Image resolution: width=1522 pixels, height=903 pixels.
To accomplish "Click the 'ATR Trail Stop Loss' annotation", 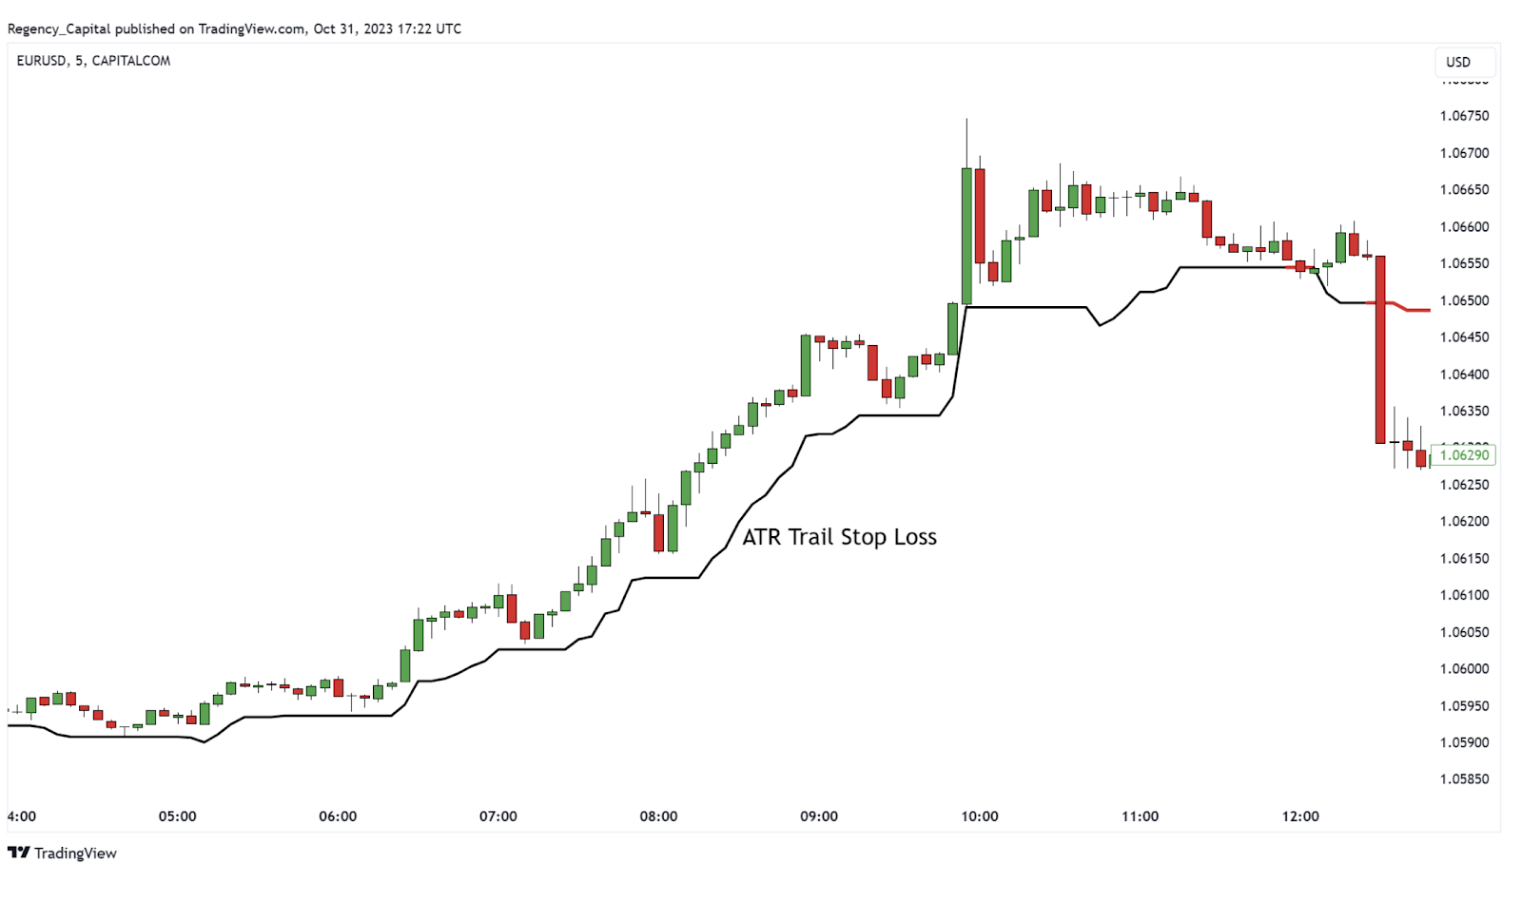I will click(x=839, y=537).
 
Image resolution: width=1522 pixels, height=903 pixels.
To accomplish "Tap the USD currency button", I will click(x=1458, y=62).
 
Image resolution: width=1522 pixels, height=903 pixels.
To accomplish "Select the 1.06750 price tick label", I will click(x=1464, y=116).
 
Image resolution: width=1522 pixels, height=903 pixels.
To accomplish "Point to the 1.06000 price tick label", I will click(x=1464, y=669).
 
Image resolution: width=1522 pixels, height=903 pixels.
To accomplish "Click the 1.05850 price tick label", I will click(x=1464, y=779).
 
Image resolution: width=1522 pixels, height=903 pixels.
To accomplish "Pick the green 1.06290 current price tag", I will click(x=1463, y=455).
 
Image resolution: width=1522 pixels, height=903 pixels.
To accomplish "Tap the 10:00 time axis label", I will click(x=980, y=817).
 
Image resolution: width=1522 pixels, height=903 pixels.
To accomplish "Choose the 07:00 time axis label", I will click(x=498, y=817).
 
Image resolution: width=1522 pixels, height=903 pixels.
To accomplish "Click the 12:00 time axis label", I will click(x=1300, y=817).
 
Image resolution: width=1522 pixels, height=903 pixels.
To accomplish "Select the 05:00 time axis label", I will click(x=178, y=817).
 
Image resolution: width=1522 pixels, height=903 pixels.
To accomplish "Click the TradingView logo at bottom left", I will click(x=62, y=853).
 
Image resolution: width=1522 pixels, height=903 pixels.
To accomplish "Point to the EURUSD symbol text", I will click(x=42, y=61).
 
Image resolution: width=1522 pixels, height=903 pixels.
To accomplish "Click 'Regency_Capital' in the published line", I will click(x=59, y=29).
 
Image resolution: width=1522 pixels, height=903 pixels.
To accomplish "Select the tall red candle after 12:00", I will click(x=1380, y=349).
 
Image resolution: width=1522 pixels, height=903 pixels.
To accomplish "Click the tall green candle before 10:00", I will click(x=966, y=236).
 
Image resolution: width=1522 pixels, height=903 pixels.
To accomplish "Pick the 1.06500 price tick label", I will click(x=1464, y=300).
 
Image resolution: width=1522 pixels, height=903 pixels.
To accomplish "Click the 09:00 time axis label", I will click(x=819, y=817).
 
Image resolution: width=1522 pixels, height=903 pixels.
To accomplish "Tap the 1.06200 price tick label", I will click(x=1464, y=522).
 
